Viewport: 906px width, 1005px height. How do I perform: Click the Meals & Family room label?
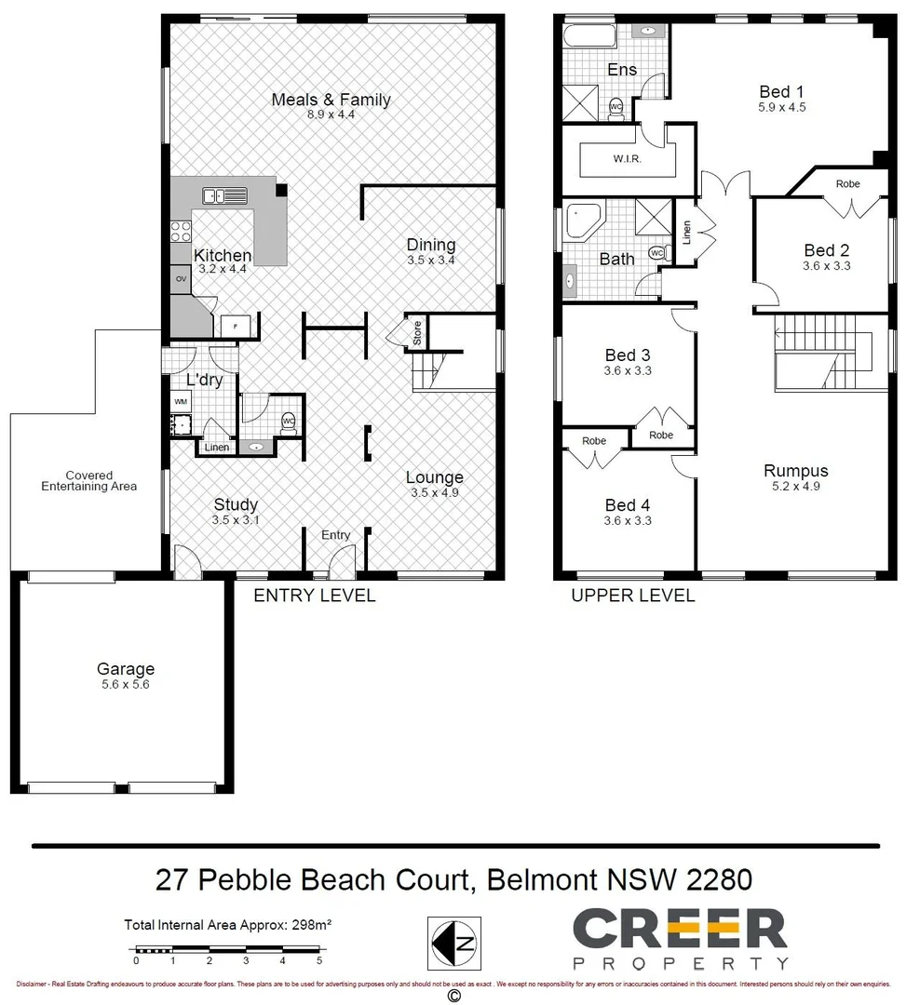click(x=331, y=100)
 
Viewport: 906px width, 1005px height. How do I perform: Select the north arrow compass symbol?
click(x=454, y=944)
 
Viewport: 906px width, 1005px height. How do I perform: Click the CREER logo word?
click(x=679, y=930)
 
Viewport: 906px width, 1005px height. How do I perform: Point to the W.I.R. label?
click(x=628, y=158)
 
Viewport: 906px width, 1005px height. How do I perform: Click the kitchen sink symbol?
click(x=224, y=195)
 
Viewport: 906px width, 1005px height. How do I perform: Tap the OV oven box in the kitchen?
click(x=180, y=277)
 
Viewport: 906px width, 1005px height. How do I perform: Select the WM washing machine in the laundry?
click(x=179, y=401)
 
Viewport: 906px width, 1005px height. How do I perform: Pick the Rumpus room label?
click(x=795, y=471)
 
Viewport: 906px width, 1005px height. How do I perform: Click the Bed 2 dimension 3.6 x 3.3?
click(x=827, y=265)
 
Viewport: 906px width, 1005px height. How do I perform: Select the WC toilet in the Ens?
click(x=615, y=107)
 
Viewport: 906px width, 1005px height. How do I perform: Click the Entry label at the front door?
click(x=335, y=534)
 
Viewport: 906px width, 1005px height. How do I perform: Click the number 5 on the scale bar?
click(x=318, y=960)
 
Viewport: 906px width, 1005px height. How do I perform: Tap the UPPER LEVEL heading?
click(x=632, y=596)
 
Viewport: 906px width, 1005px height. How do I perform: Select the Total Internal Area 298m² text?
click(x=228, y=925)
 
